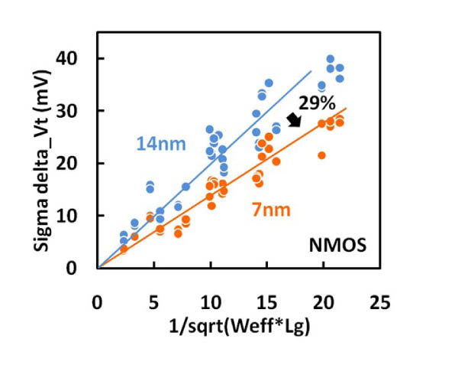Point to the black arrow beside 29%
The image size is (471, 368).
(293, 118)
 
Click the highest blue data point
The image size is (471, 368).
(331, 59)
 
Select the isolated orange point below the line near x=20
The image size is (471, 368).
(321, 155)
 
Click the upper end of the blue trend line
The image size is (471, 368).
(311, 71)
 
